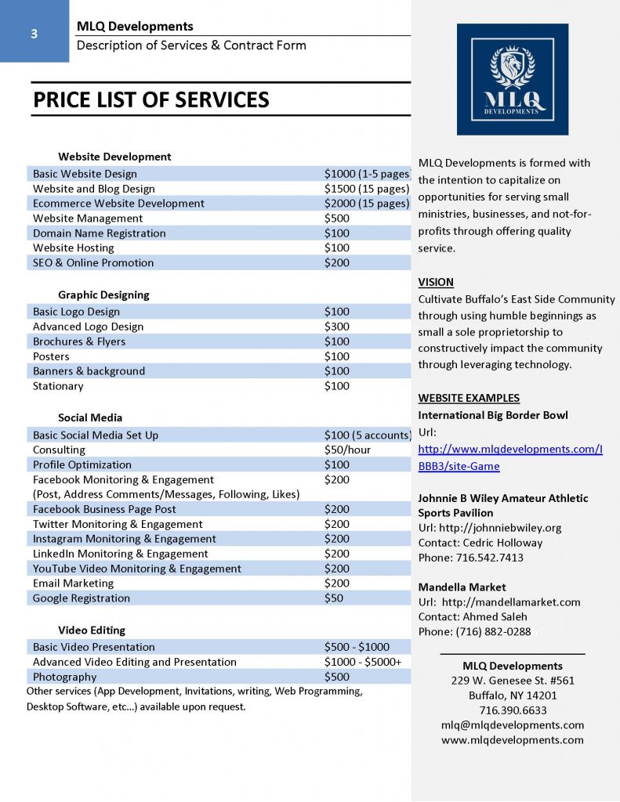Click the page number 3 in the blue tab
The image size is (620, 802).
[x=34, y=34]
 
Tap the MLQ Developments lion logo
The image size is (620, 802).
[x=512, y=80]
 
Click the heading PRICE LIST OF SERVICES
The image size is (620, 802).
[x=150, y=100]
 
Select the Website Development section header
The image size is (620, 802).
[x=114, y=157]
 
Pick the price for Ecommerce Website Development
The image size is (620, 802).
[x=366, y=204]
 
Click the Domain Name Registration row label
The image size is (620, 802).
[x=99, y=233]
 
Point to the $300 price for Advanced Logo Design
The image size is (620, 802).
[x=337, y=327]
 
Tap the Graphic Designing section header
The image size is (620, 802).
[x=103, y=295]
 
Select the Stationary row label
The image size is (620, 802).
[x=58, y=386]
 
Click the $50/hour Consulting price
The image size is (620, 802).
[x=347, y=450]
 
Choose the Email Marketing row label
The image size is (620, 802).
[x=73, y=583]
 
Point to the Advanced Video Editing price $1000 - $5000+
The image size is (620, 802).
[x=363, y=662]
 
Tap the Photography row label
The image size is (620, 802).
[x=64, y=677]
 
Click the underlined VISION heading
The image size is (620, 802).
[x=436, y=282]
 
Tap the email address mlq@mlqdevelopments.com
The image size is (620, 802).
[x=513, y=725]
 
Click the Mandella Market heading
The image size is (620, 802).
[x=462, y=587]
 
